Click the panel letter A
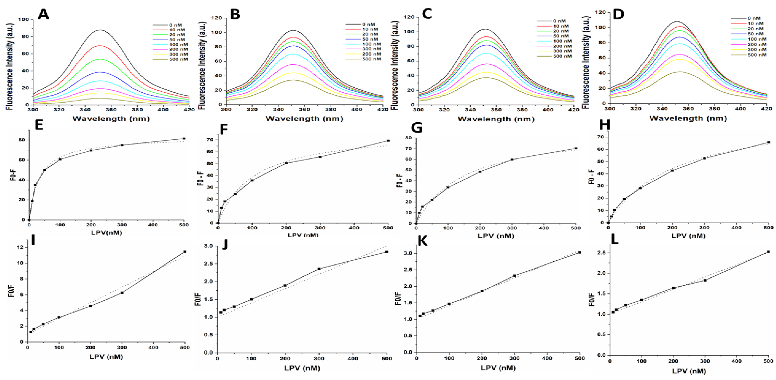[43, 14]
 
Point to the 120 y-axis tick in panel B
[215, 18]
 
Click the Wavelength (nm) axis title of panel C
[496, 119]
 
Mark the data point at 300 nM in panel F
[320, 157]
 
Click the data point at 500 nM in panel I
[185, 252]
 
